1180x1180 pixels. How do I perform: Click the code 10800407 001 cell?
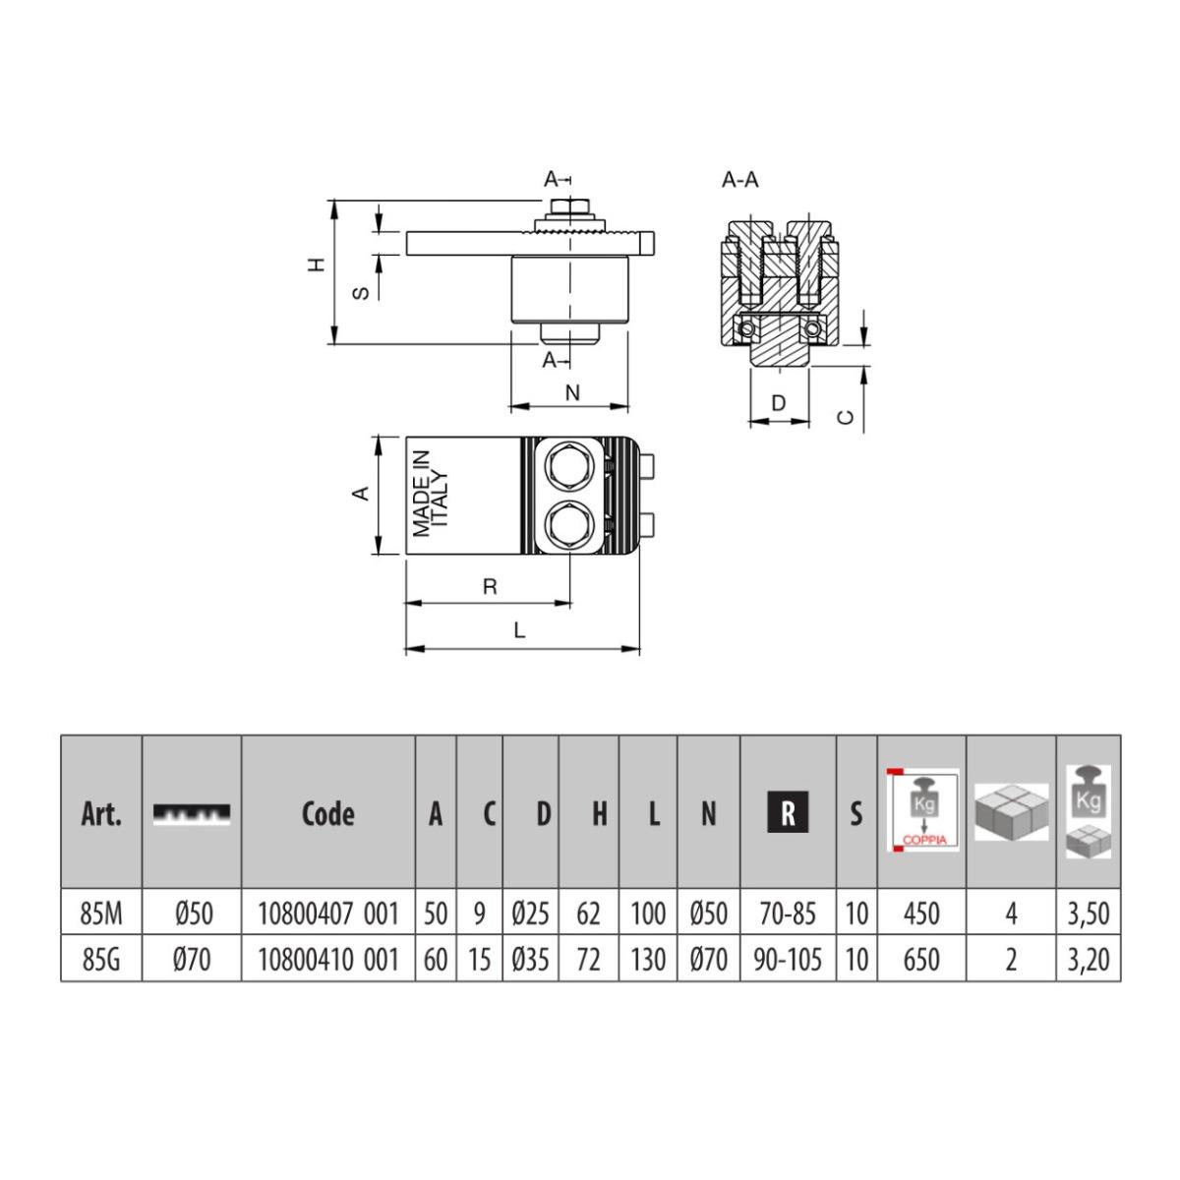click(328, 914)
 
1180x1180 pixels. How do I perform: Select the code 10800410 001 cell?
click(328, 959)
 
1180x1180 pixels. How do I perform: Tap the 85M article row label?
click(101, 914)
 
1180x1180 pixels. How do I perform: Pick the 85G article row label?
click(101, 959)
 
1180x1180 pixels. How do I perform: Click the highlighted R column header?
click(788, 813)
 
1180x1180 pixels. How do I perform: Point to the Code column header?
click(328, 813)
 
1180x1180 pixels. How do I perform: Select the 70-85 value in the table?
click(788, 914)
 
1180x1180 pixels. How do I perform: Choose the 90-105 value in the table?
click(788, 959)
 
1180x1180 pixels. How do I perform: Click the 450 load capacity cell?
click(921, 914)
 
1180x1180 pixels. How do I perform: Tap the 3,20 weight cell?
click(1089, 959)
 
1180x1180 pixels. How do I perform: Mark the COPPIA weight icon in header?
click(921, 808)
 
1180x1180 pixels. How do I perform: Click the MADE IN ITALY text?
click(431, 494)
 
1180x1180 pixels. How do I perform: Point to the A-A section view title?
click(740, 180)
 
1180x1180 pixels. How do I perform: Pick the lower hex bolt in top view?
click(571, 524)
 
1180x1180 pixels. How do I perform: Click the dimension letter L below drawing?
click(520, 631)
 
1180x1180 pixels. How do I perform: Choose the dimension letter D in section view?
click(779, 402)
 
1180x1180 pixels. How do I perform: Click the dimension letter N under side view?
click(572, 393)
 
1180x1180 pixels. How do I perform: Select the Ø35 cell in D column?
click(531, 959)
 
